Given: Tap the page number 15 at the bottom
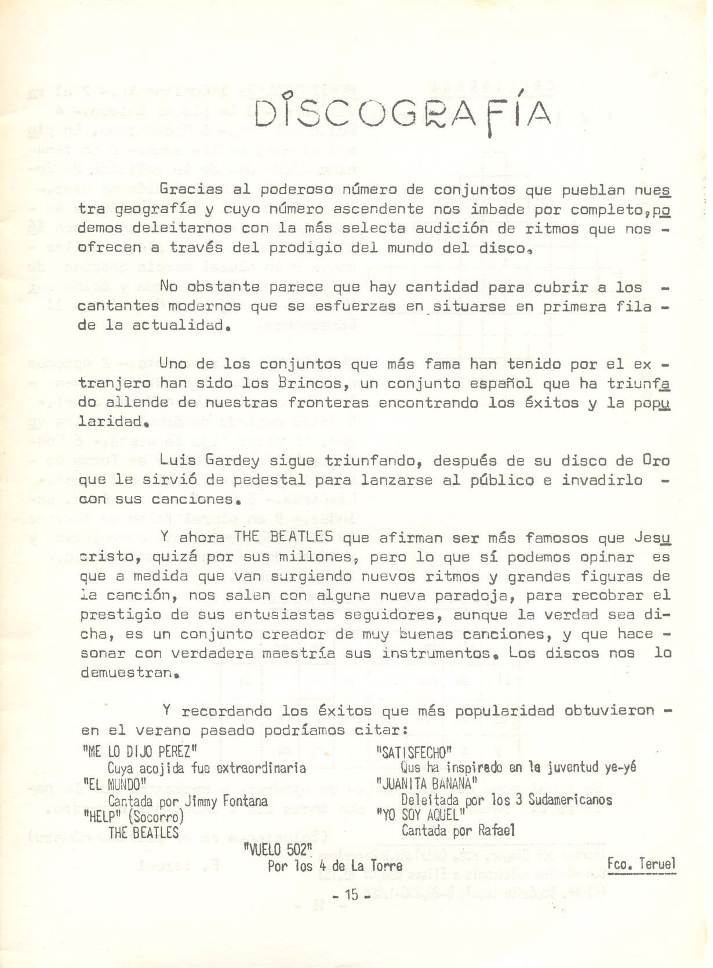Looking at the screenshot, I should point(351,895).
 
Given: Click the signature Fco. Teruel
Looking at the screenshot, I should point(641,864).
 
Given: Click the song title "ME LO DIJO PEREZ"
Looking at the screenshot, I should point(140,752).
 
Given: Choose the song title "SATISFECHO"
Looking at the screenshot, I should point(414,753).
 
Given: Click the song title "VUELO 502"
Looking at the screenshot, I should point(278,850).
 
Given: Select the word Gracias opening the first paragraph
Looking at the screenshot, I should point(191,189).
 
